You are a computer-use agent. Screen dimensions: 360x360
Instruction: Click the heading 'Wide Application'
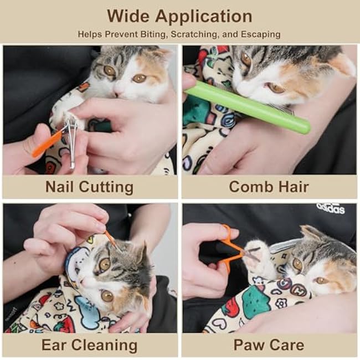179,16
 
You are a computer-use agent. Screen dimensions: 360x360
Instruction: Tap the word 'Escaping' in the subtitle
260,34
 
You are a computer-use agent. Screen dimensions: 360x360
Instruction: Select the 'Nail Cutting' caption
89,187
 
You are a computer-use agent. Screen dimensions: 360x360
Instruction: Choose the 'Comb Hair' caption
270,187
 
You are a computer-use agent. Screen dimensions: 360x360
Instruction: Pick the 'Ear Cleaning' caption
89,345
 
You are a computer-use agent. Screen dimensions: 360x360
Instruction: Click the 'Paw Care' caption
269,345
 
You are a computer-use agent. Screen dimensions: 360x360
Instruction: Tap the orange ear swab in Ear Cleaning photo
110,240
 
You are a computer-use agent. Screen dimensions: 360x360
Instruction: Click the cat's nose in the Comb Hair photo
237,83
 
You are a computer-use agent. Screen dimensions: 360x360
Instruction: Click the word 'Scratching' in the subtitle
197,34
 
